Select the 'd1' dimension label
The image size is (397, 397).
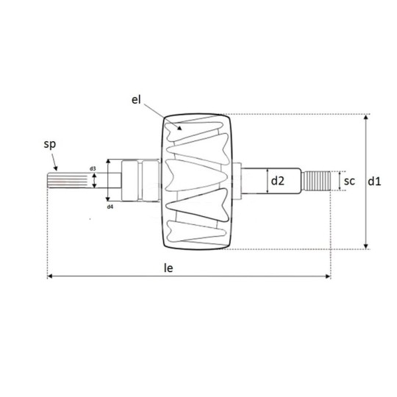point(375,181)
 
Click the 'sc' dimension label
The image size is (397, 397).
point(350,181)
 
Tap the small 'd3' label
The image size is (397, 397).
point(92,169)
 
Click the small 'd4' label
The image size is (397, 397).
point(110,207)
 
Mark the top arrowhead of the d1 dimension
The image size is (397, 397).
point(365,117)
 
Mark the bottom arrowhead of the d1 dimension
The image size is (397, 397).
point(365,247)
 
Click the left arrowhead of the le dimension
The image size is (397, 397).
point(50,277)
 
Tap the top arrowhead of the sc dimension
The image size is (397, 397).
point(340,173)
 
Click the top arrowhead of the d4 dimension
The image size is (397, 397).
point(108,161)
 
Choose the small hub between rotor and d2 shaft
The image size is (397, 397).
point(238,181)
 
